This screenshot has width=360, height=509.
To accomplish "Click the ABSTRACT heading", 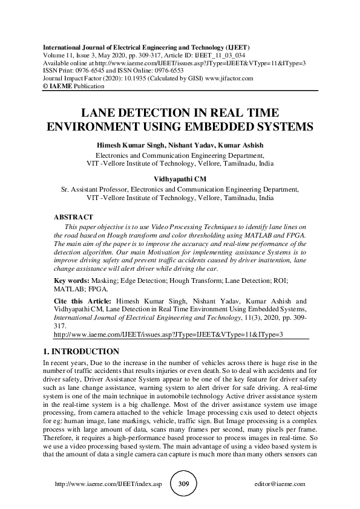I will [x=73, y=216].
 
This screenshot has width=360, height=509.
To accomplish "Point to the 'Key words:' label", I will [x=72, y=281].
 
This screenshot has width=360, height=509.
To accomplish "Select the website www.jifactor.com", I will [x=226, y=79].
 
